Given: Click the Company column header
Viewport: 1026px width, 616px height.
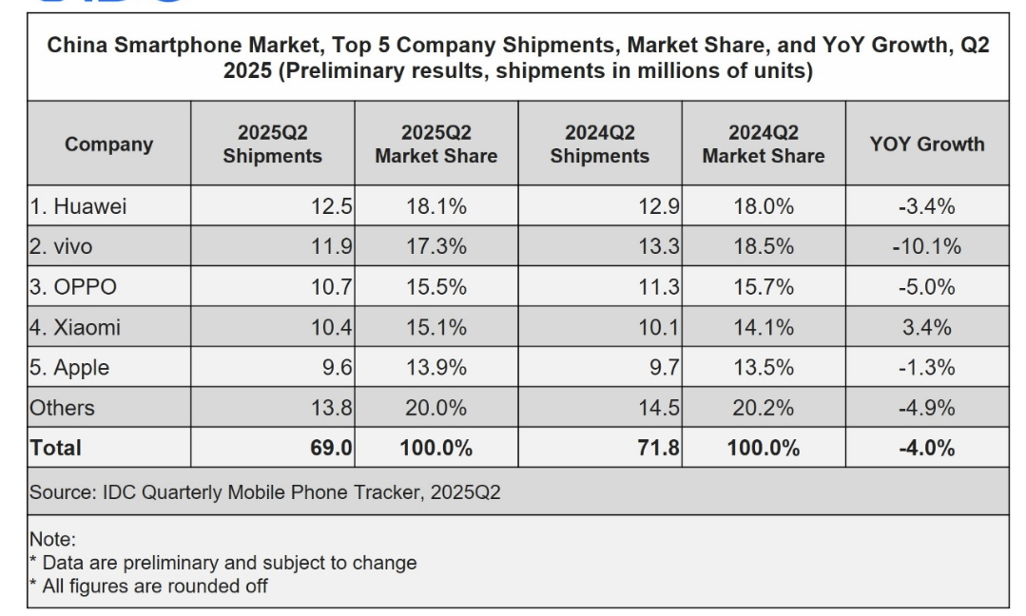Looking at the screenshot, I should point(108,144).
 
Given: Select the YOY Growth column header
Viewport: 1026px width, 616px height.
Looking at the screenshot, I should point(926,144).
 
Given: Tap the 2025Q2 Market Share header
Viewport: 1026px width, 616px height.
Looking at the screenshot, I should point(436,144).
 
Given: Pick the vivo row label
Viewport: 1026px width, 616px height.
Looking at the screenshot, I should point(64,247).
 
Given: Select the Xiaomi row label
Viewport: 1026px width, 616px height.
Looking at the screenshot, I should point(75,328).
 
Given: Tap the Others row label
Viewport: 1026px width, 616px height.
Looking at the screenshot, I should point(63,408).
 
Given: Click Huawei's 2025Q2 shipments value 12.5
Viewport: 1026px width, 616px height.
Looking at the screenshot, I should point(333,206).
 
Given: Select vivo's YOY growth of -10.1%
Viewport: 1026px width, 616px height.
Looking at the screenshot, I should point(926,247).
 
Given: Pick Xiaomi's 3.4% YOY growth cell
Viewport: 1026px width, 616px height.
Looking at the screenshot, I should point(926,328).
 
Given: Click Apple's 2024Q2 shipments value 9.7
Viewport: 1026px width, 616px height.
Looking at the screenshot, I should point(662,368).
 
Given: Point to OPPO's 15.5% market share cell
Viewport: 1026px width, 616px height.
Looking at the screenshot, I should point(436,287).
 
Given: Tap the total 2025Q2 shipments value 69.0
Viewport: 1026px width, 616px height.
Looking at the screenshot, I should point(331,448).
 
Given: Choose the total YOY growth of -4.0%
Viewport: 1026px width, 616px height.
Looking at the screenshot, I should point(926,448).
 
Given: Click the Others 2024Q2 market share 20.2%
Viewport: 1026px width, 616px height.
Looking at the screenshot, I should point(763,408).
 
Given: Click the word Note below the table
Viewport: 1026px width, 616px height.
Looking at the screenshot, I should point(50,540).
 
